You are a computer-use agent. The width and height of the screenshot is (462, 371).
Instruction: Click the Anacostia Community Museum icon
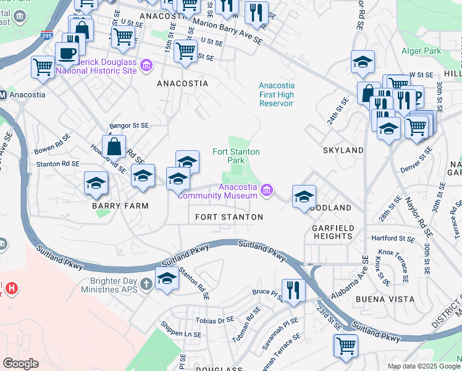(267, 189)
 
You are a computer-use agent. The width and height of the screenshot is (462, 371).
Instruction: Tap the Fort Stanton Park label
(236, 156)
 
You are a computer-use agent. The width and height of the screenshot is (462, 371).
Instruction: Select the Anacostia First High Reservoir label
(276, 95)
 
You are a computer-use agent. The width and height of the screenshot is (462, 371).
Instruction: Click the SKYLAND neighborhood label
(343, 150)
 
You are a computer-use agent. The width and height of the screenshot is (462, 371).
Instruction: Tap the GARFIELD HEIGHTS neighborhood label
(333, 232)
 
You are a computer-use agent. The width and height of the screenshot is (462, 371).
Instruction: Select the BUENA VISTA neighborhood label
(380, 299)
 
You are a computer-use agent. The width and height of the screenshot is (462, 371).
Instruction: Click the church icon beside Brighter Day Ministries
(146, 284)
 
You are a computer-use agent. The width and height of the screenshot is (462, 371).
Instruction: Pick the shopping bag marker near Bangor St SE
(114, 147)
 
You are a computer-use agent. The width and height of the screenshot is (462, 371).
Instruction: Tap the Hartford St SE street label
(392, 238)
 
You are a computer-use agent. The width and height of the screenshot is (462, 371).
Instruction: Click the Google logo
(20, 364)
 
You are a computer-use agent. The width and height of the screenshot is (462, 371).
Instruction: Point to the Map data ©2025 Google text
(424, 366)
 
